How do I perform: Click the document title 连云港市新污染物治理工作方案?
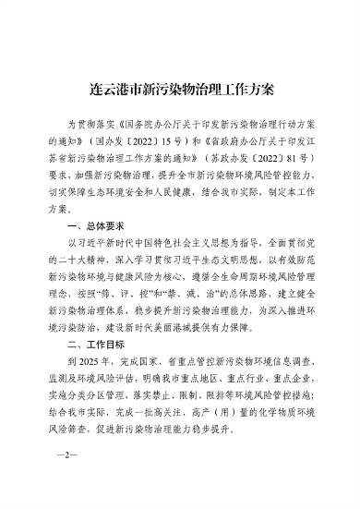coord(179,91)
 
